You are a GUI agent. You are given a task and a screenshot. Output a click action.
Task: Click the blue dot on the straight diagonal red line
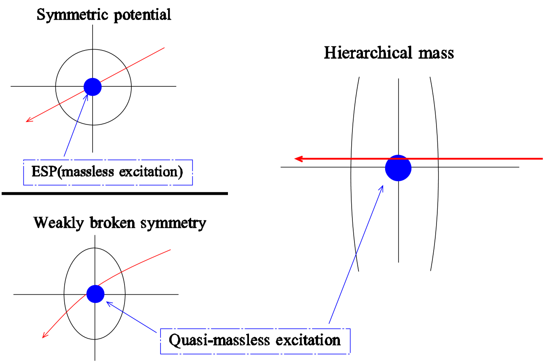[93, 87]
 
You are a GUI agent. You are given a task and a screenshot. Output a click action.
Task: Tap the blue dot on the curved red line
[95, 294]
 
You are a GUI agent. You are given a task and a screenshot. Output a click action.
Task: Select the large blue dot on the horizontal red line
[398, 168]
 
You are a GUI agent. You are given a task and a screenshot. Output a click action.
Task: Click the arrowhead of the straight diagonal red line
[27, 120]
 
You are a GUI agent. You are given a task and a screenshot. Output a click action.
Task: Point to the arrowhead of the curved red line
[44, 336]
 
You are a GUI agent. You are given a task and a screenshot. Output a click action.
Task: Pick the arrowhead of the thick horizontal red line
[297, 159]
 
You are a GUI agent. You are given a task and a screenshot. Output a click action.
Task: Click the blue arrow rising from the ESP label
[75, 126]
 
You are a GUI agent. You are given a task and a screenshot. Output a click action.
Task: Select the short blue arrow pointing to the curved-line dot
[131, 317]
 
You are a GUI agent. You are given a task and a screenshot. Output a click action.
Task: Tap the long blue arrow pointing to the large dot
[356, 254]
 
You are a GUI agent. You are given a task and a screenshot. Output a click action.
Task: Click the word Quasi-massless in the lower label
[219, 340]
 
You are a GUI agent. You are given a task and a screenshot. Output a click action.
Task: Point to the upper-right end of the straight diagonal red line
[164, 48]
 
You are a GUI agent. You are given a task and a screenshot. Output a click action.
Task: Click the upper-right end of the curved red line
[170, 250]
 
